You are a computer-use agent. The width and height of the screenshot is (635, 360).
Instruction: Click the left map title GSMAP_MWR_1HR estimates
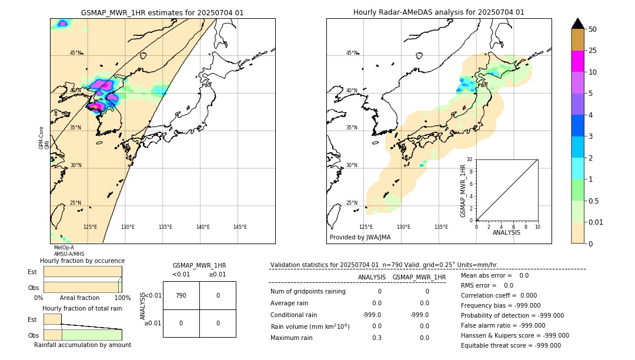click(162, 12)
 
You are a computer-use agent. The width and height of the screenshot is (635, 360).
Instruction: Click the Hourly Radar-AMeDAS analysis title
click(439, 12)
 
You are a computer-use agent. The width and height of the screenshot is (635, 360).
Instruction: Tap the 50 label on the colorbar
click(593, 29)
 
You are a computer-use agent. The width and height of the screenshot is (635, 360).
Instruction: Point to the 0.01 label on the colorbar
click(596, 222)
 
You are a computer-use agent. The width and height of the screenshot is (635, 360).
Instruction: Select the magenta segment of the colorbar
click(577, 61)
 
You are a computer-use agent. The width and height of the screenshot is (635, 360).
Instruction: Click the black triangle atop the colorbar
click(577, 24)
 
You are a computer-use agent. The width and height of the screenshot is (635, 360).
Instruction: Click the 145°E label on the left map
click(240, 227)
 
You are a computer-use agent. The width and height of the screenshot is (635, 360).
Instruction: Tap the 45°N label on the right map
click(352, 53)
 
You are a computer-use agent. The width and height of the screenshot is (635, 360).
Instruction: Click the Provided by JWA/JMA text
click(360, 238)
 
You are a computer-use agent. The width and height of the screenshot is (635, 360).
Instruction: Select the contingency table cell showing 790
click(181, 295)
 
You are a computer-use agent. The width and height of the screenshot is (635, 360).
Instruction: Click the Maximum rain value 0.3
click(377, 338)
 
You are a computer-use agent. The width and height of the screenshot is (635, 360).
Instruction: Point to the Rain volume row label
click(310, 326)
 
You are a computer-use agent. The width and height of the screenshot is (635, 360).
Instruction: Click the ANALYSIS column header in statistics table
click(372, 277)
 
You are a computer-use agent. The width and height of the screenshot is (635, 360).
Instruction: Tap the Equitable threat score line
click(510, 345)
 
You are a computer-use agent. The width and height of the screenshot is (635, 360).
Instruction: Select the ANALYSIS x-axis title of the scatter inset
click(506, 232)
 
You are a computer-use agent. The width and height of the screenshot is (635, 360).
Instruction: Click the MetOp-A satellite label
click(63, 248)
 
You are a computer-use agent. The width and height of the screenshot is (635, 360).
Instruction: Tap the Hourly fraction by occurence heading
click(82, 261)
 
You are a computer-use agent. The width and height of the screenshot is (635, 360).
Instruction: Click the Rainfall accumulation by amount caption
click(82, 345)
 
